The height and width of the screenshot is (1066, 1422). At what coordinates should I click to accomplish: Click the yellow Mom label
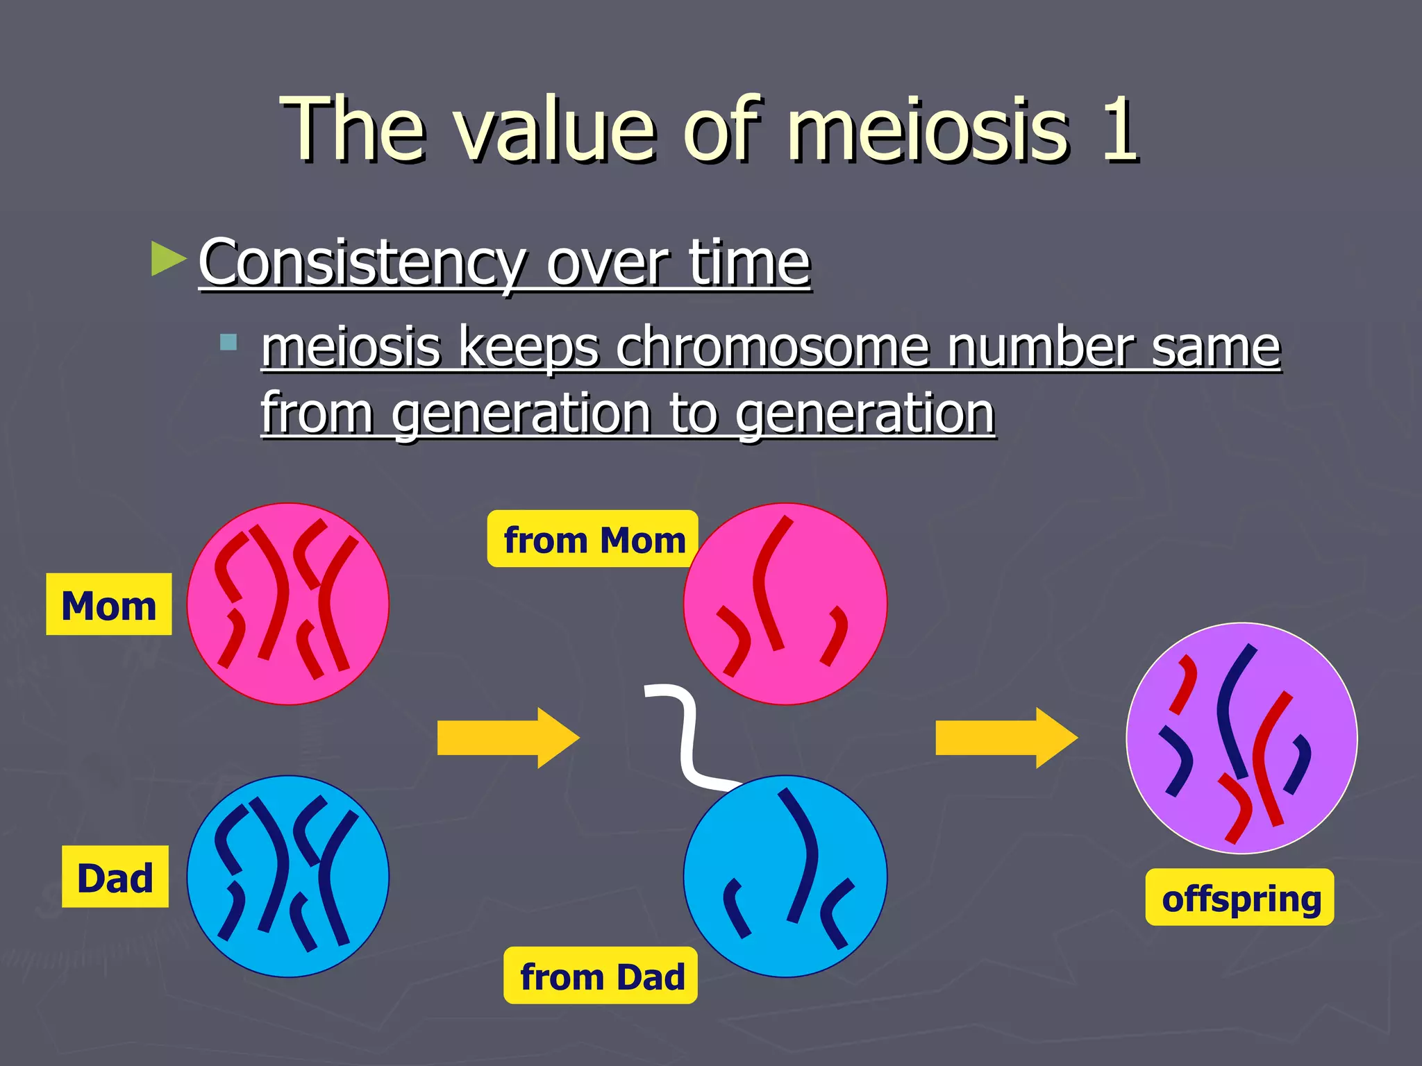click(x=108, y=604)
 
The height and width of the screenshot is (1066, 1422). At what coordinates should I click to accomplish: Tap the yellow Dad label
click(x=115, y=877)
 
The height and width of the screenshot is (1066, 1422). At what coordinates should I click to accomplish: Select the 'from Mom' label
click(x=593, y=539)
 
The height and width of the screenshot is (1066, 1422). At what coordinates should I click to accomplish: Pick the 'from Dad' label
click(x=601, y=975)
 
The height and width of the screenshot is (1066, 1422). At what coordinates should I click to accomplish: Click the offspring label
click(x=1239, y=897)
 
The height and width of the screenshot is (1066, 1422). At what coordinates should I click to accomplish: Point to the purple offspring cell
click(x=1241, y=738)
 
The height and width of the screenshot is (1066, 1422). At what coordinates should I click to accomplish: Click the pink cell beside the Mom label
click(x=287, y=604)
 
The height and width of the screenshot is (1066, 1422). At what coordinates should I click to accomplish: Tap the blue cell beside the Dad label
click(x=287, y=876)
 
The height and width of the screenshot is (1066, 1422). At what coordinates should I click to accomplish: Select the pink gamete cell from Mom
click(x=785, y=604)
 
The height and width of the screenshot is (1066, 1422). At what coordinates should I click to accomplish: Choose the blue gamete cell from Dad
click(x=785, y=876)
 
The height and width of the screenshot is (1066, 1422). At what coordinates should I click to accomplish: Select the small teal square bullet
click(x=228, y=342)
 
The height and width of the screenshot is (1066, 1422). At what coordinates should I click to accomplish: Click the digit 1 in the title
click(x=1119, y=129)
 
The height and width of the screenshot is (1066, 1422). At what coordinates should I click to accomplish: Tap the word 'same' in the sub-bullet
click(x=1215, y=346)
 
